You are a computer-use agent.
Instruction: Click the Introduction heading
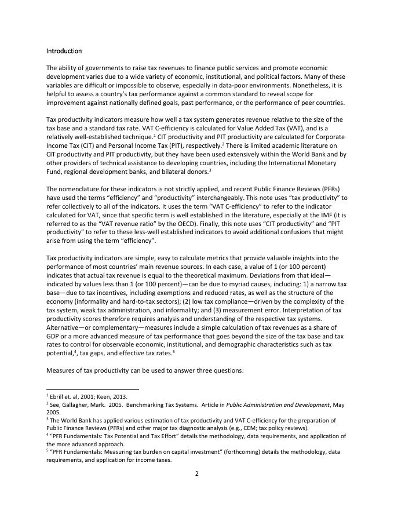tap(64, 51)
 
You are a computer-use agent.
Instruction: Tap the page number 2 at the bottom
tap(196, 473)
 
